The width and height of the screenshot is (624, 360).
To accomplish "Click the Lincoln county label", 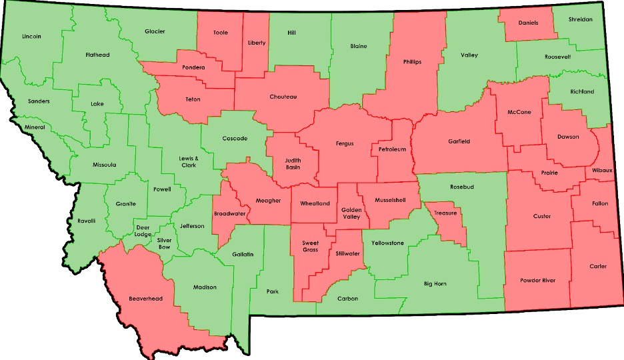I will pos(31,36).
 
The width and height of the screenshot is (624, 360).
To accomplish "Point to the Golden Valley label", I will pos(351,213).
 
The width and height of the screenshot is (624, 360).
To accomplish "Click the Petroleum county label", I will pos(392,149).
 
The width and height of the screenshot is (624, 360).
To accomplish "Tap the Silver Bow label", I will pos(164,243).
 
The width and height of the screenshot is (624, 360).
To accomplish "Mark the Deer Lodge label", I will pos(143,229).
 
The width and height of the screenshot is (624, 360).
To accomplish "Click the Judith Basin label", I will pos(293,163).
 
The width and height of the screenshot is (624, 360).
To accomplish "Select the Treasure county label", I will pos(445,213).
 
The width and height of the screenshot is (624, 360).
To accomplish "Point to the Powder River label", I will pos(538,281).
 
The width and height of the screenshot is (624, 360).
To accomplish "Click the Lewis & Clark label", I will pos(189,161).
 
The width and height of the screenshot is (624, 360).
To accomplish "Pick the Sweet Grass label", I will pos(311,247).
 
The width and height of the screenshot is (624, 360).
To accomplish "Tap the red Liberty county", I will pos(257,43).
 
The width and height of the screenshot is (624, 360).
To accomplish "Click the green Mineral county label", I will pos(35,127).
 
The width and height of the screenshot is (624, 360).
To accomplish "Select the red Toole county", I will pos(220,33).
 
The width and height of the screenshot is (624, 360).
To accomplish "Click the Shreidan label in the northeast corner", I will pos(580,19).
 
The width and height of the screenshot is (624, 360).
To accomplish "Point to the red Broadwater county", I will pos(230,213).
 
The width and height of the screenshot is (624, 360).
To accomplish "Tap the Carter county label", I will pos(598,266).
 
